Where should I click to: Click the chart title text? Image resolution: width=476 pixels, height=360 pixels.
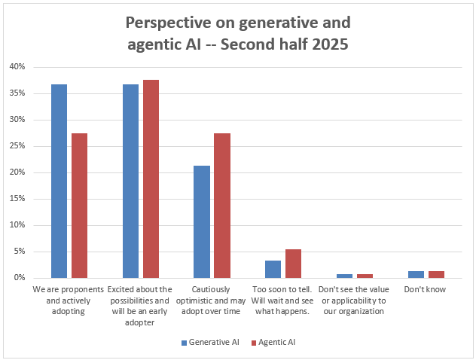click(x=238, y=32)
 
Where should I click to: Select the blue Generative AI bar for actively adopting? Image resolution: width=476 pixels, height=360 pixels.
click(x=59, y=181)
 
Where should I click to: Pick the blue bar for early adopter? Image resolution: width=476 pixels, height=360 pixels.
click(x=130, y=181)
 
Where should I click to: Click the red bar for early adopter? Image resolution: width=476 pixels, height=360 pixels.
click(x=151, y=178)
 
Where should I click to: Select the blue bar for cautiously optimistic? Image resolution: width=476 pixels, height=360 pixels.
click(x=201, y=221)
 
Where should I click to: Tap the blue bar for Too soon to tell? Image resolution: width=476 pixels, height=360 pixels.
click(x=273, y=269)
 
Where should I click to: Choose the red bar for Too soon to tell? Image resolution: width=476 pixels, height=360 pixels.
click(x=293, y=264)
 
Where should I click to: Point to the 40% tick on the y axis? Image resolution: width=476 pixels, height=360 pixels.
click(x=17, y=67)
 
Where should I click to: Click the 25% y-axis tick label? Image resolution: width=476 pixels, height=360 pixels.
click(x=17, y=146)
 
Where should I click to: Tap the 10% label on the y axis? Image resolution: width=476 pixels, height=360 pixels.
click(x=17, y=225)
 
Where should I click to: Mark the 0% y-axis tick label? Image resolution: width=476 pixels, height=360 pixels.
click(x=19, y=278)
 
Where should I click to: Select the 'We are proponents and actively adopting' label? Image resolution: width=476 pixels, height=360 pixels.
click(x=69, y=294)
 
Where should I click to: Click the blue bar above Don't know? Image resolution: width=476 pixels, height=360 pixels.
click(x=415, y=275)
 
